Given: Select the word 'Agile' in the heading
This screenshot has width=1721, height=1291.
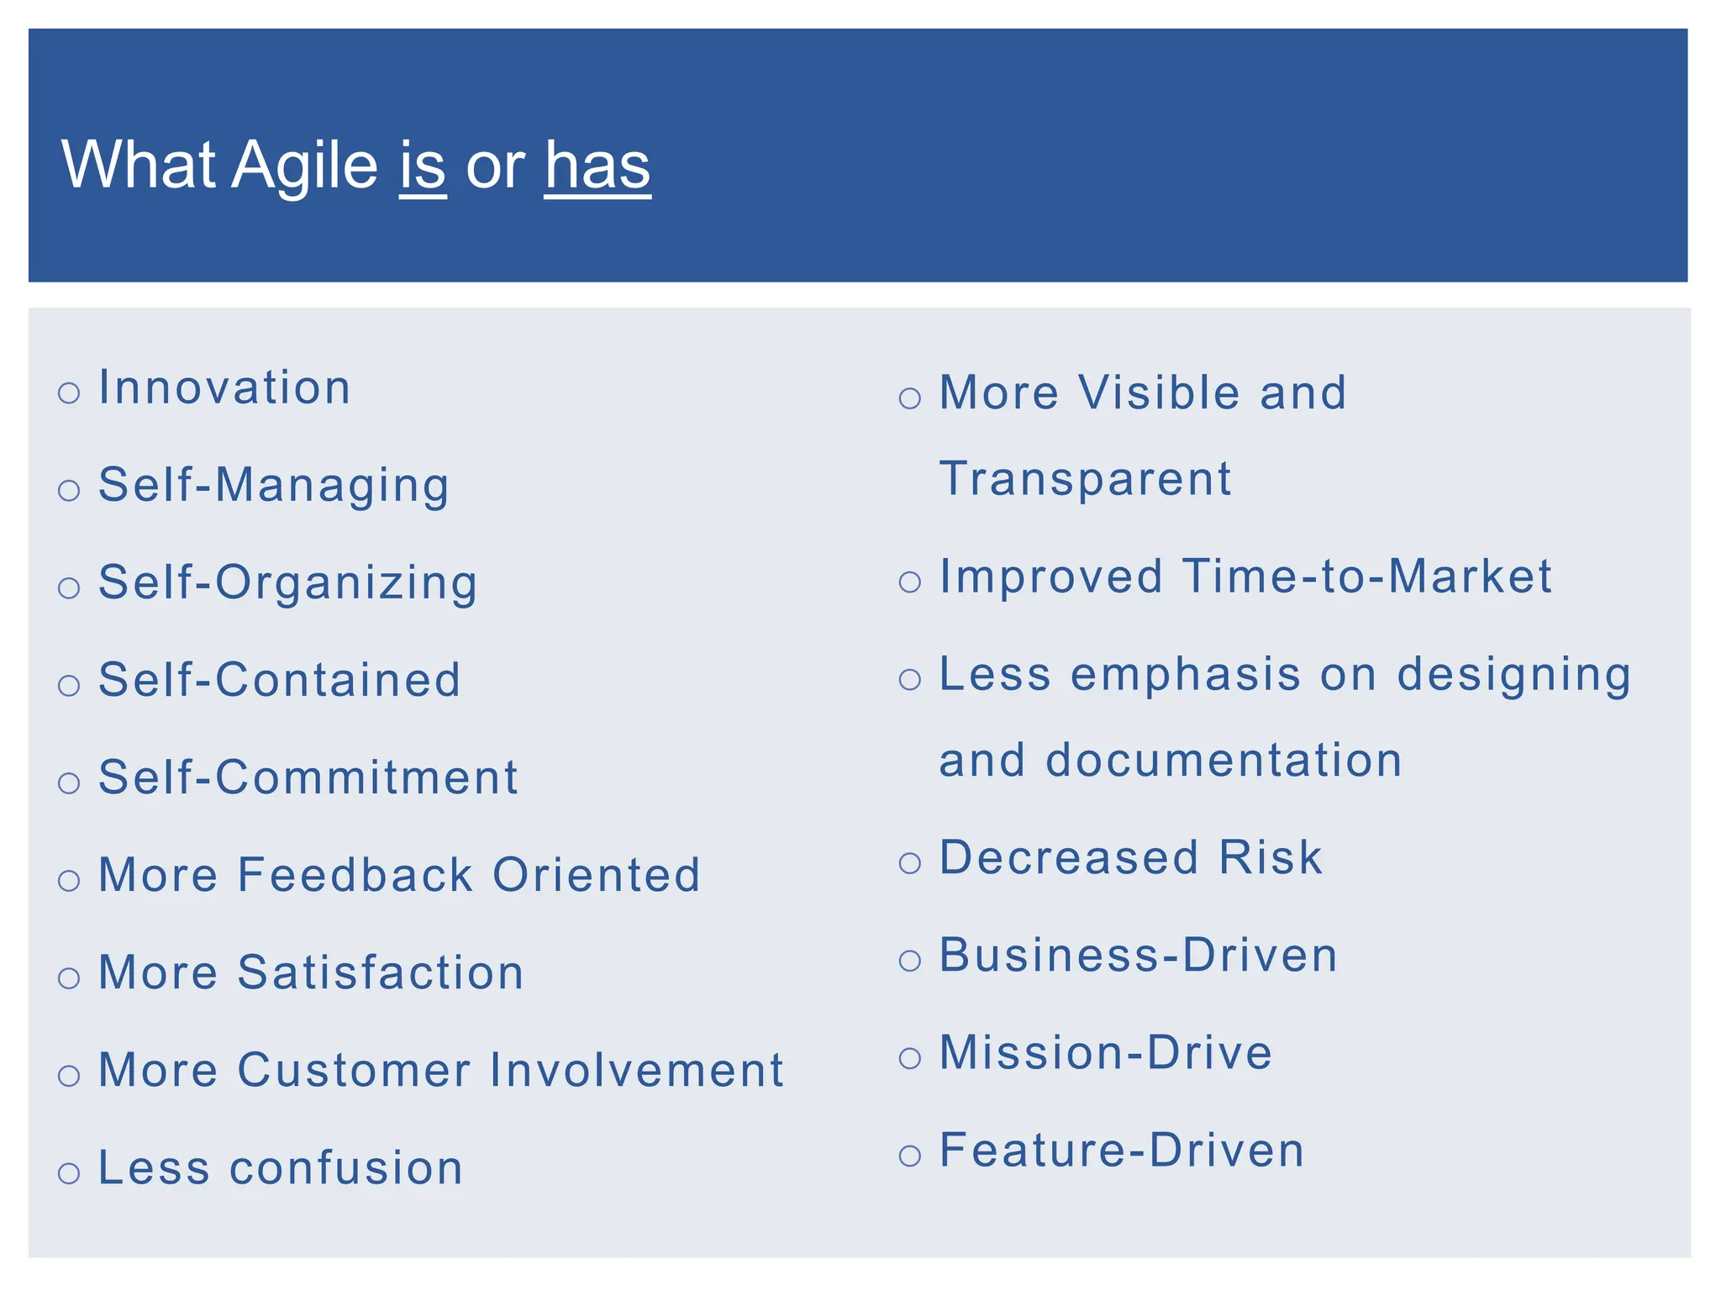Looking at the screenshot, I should (304, 166).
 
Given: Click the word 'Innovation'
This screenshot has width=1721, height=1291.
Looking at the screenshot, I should (224, 387).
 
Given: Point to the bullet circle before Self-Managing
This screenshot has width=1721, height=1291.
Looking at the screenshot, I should (69, 490).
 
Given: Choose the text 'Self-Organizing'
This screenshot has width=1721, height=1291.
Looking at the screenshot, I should (287, 582).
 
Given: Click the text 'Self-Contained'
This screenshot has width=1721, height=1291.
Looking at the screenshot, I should (280, 679).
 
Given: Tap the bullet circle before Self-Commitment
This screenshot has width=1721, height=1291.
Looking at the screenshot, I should (69, 783).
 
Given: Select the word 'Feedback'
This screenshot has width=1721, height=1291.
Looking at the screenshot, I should (355, 874).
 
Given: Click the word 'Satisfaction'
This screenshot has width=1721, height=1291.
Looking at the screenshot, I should (381, 972).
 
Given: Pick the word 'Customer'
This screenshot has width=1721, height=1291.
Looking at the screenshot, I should (354, 1070).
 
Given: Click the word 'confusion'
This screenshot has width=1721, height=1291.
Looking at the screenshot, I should (346, 1167).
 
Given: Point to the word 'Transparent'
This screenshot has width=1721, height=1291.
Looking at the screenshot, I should (1085, 479).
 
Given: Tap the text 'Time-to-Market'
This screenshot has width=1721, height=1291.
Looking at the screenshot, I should (1367, 577).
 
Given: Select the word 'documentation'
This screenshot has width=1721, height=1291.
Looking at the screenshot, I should (1224, 760).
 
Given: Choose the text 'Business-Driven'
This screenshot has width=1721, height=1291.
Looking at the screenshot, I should (1138, 955).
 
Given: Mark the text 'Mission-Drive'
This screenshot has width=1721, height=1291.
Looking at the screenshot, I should (1105, 1052).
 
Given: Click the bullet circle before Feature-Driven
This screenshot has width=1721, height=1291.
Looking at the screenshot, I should (909, 1156).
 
